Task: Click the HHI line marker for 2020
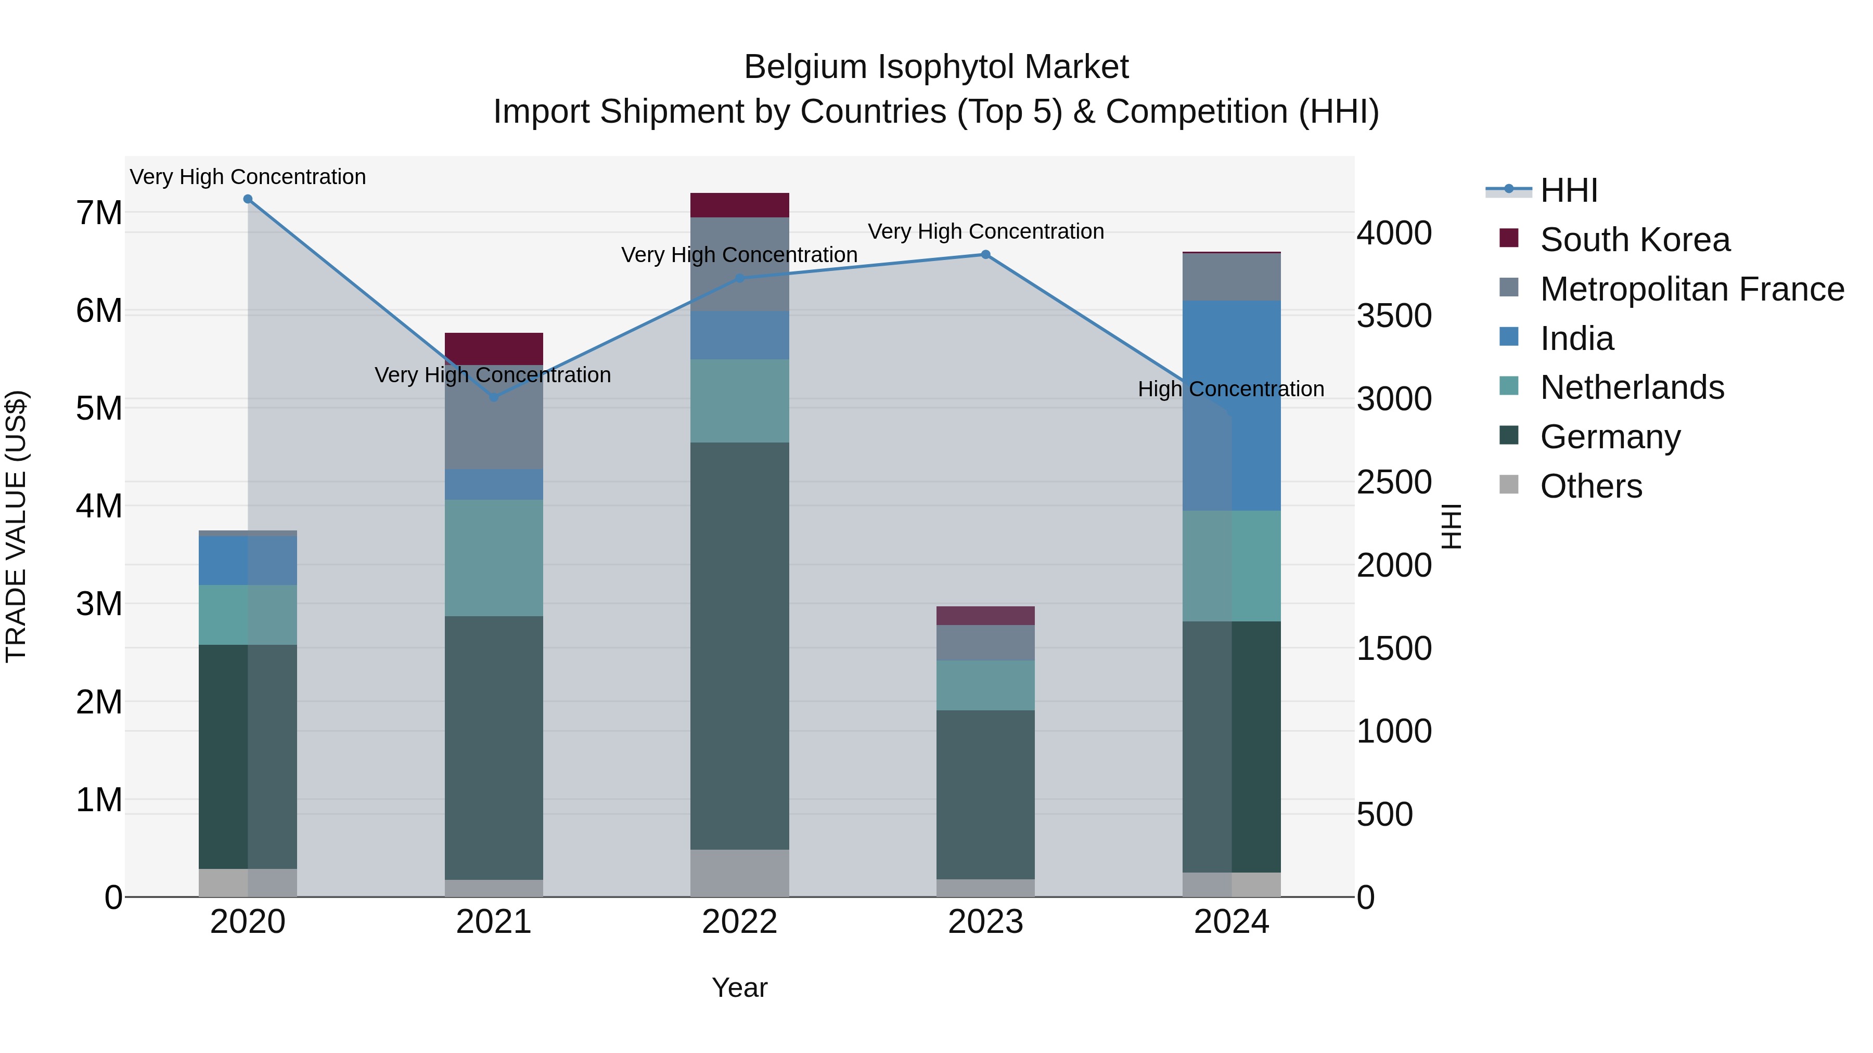coord(248,199)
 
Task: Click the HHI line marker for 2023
coord(985,254)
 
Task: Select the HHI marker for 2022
coord(739,278)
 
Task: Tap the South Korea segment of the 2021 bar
coord(494,349)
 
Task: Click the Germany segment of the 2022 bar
coord(739,645)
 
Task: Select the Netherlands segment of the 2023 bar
coord(985,685)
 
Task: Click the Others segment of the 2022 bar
coord(739,873)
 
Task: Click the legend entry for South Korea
coord(1635,240)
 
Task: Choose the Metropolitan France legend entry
coord(1691,289)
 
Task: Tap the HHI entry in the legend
coord(1568,190)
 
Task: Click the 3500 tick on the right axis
coord(1394,316)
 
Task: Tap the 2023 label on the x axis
coord(985,922)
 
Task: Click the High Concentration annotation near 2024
coord(1230,389)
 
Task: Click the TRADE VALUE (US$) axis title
coord(17,526)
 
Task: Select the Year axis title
coord(739,987)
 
